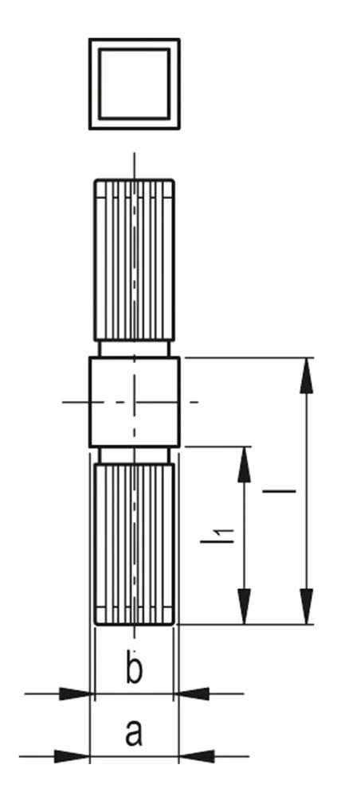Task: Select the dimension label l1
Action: point(217,536)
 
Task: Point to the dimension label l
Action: point(279,491)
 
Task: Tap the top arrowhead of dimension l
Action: point(306,376)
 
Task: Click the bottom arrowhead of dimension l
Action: point(306,606)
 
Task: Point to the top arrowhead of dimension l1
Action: point(245,465)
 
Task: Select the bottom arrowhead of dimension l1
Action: point(245,606)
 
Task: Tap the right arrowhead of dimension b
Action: point(191,693)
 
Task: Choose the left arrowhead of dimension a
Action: point(72,756)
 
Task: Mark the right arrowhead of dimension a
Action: point(197,756)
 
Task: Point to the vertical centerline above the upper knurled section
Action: point(134,166)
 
